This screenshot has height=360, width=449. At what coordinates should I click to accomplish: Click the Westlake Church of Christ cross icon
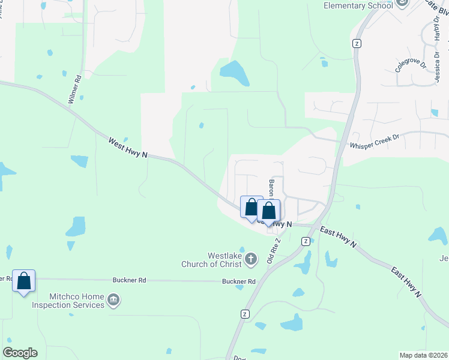pos(251,259)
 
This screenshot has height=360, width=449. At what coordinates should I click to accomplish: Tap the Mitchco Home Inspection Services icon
pos(113,299)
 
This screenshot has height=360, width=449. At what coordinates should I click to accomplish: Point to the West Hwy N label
pos(128,148)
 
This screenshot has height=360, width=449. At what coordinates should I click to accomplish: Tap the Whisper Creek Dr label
pos(375,142)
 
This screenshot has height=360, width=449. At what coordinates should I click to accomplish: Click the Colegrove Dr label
pos(410,62)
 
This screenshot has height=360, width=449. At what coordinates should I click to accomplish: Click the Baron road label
pos(272,188)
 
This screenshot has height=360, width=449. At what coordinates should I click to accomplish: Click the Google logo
pos(20,353)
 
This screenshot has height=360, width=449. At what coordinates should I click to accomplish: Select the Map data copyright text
pos(424,355)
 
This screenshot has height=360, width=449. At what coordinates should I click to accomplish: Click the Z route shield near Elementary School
pos(357,43)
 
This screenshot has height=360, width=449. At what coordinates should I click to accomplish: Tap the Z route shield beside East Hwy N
pos(306,241)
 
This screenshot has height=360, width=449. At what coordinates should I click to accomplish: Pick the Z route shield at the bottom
pos(245,314)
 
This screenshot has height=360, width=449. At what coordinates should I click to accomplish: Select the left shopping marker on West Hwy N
pos(252,206)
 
